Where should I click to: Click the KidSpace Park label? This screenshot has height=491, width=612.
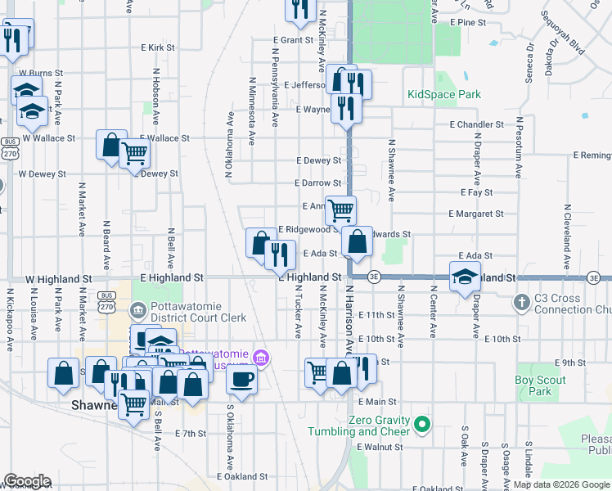coord(444,95)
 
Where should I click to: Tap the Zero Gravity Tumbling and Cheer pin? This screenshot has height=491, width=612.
coord(422,424)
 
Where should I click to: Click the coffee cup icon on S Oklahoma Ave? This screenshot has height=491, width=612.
coord(241,378)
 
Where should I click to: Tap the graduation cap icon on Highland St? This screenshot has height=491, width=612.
coord(464,277)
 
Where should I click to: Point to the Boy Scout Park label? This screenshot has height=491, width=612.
coord(540,385)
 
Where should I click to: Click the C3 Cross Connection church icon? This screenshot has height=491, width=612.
coord(520,303)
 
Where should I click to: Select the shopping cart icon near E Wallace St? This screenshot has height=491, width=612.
coord(134,153)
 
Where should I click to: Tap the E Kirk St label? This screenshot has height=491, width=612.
coord(157,48)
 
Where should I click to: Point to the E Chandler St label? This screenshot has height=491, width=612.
coord(476,124)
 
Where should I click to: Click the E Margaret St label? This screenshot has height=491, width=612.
coord(476,214)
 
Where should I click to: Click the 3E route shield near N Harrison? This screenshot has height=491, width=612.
coord(374,277)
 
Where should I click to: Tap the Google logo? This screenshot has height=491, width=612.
coord(28,481)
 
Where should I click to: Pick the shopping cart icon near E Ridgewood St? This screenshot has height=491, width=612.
coord(340,209)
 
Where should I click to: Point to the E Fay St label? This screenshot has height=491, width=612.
coord(476,192)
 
